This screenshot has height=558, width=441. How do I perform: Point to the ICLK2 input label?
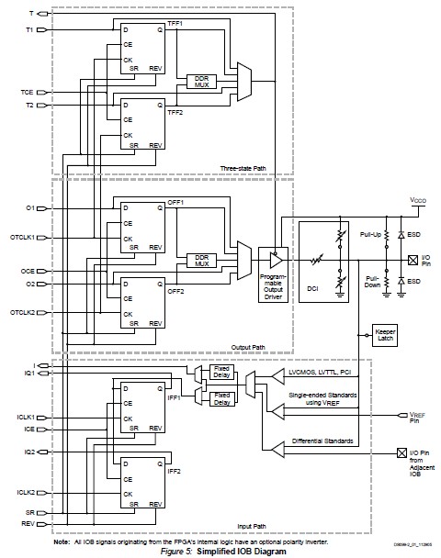[x=25, y=493]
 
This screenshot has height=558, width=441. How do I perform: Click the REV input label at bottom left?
[x=28, y=524]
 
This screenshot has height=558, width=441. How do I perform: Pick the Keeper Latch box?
[x=384, y=333]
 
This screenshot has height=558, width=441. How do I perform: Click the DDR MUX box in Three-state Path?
[x=200, y=81]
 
